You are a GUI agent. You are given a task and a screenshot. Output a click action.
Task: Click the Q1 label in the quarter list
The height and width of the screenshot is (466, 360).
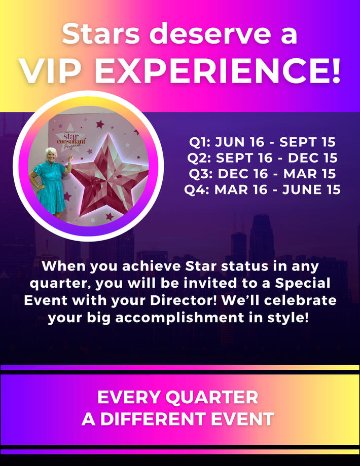pos(200,142)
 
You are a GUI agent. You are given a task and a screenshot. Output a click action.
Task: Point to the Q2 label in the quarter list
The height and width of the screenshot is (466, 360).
pos(199,158)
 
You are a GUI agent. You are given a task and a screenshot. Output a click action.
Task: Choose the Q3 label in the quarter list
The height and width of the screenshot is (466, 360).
pos(200,174)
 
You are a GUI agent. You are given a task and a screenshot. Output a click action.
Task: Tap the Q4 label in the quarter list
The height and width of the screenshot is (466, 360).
pos(197,190)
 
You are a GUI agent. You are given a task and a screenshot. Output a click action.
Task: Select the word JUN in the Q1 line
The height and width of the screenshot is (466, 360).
pos(230,142)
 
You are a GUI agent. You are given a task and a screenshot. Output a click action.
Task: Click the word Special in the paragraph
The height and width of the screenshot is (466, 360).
pos(303,284)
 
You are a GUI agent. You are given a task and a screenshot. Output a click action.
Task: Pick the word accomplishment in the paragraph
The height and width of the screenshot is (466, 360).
pos(179,318)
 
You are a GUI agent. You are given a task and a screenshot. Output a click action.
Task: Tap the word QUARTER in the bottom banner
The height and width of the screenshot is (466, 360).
pos(212,398)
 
